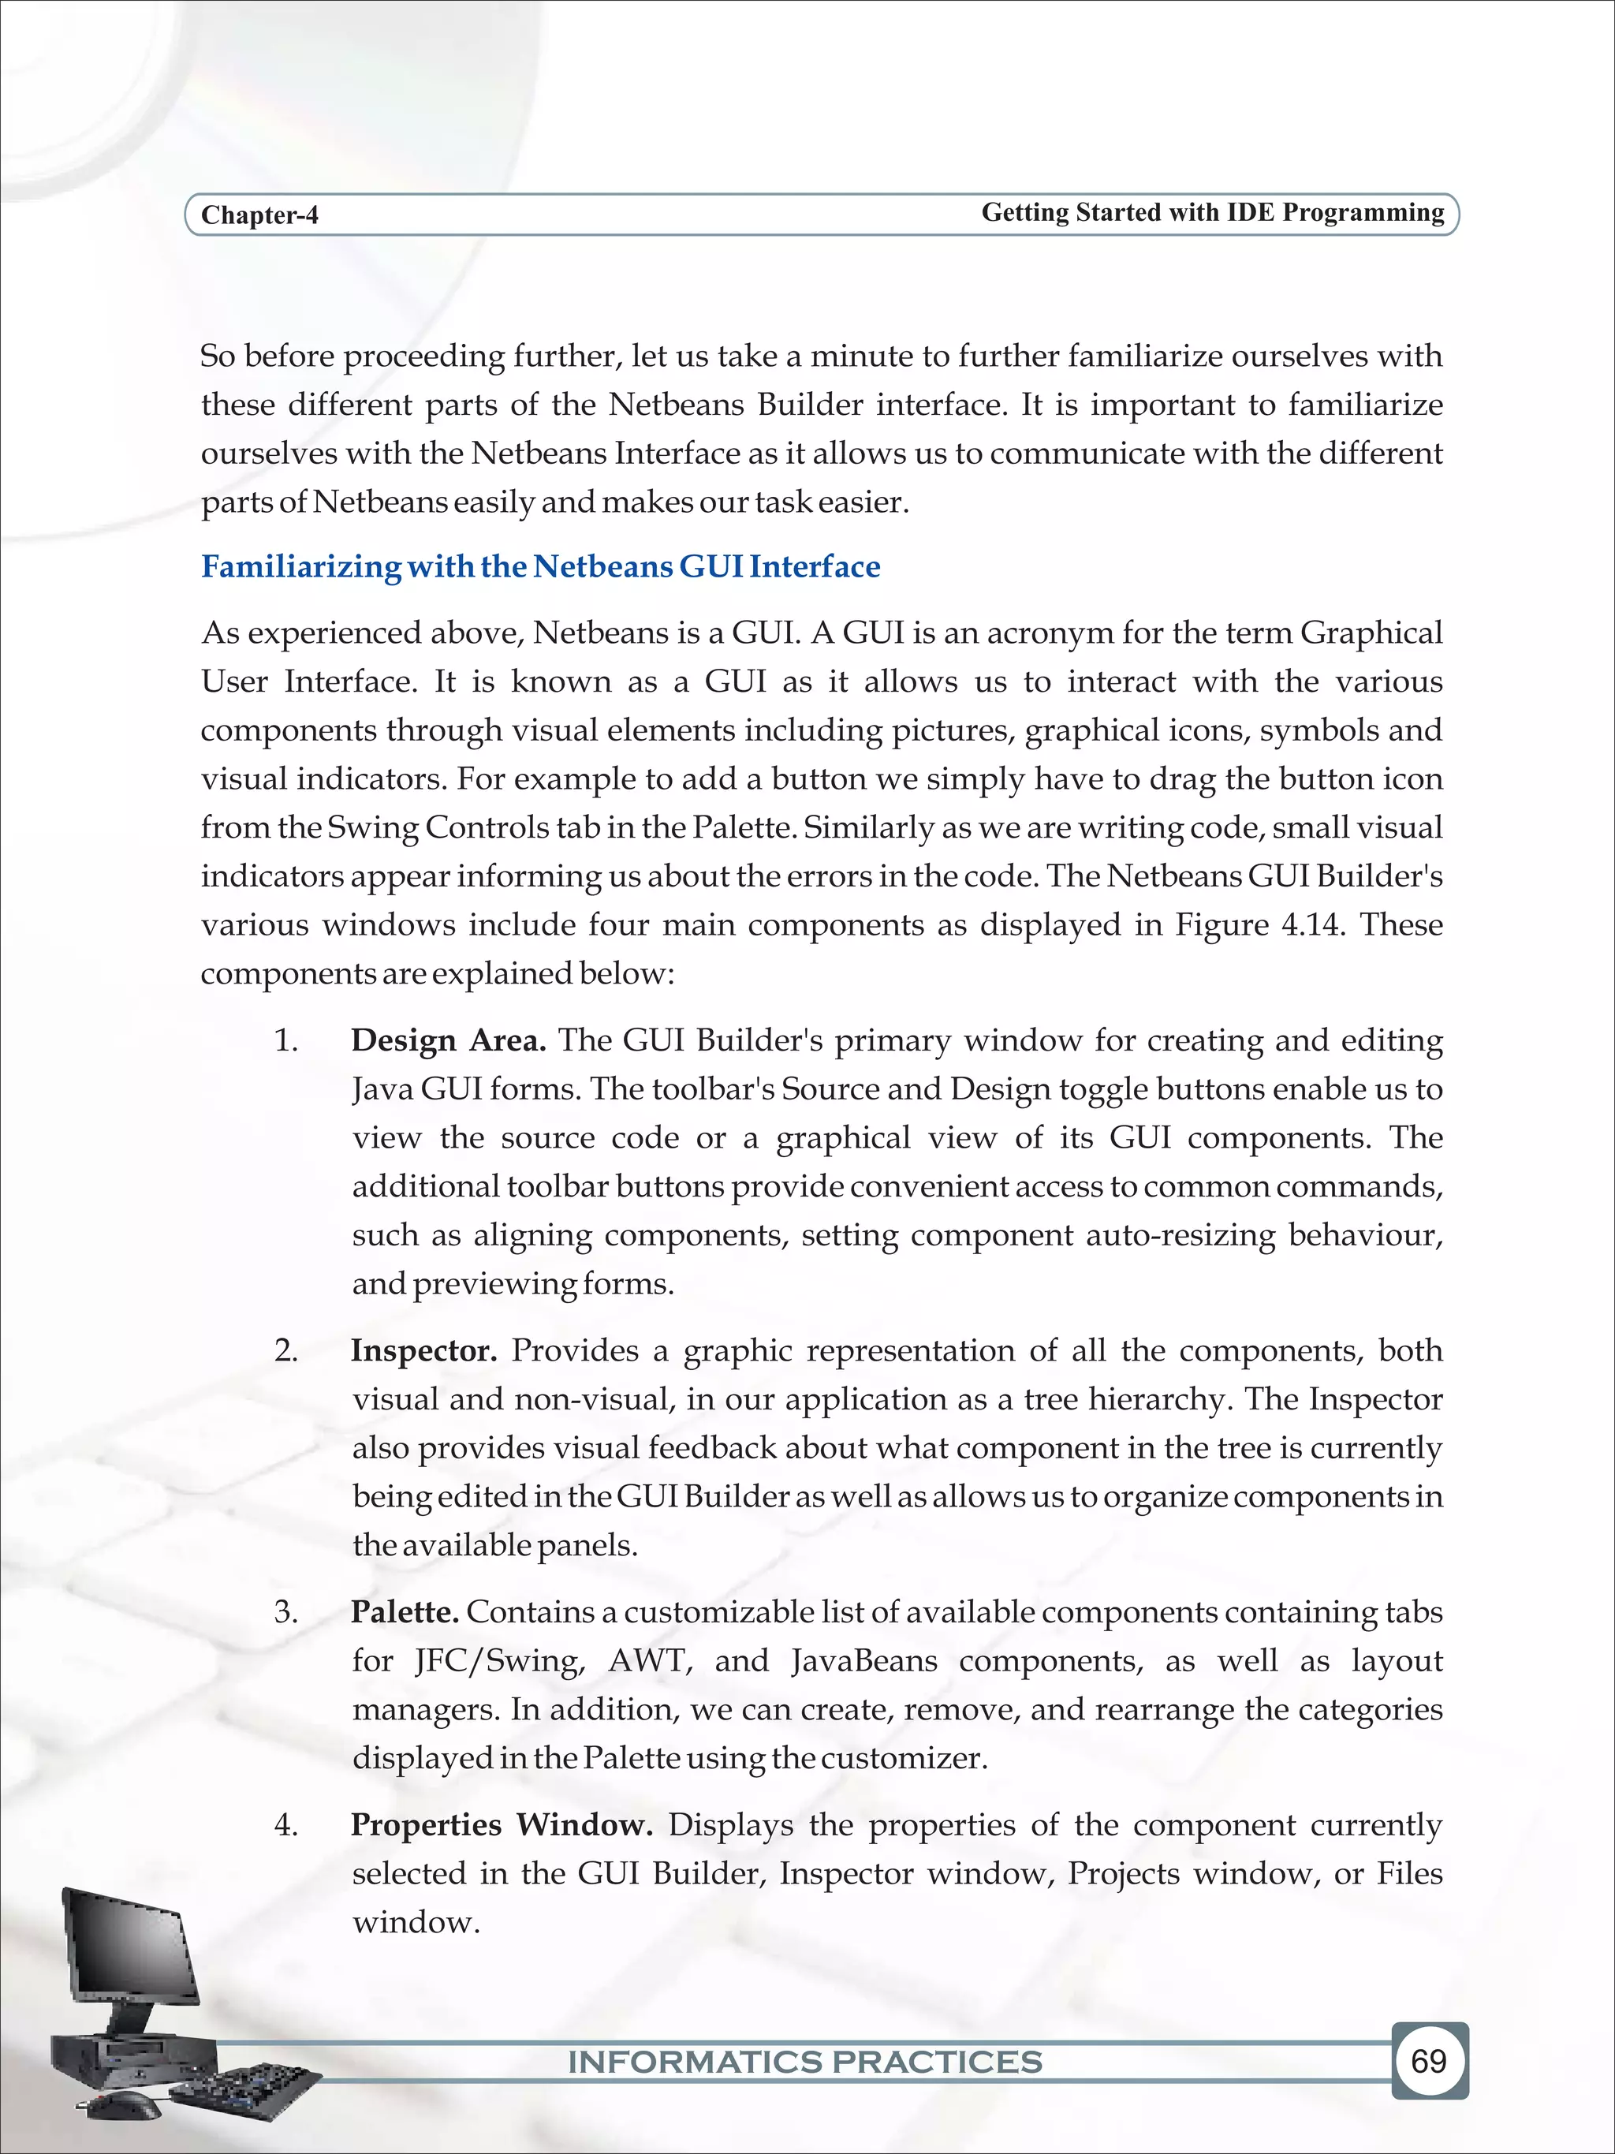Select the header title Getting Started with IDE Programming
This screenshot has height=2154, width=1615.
tap(1212, 212)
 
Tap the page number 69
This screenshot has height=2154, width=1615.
tap(1428, 2062)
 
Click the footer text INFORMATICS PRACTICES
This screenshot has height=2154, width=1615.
tap(804, 2062)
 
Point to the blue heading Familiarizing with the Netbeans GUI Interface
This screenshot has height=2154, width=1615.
tap(540, 567)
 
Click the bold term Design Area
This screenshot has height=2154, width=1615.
tap(448, 1041)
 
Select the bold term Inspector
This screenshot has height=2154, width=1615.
tap(423, 1350)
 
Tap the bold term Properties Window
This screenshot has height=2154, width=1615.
tap(502, 1825)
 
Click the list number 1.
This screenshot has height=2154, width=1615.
tap(285, 1041)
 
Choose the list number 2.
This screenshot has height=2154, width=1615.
tap(285, 1350)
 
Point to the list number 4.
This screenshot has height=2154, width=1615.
tap(285, 1825)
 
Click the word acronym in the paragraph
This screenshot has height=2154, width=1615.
tap(1047, 634)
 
